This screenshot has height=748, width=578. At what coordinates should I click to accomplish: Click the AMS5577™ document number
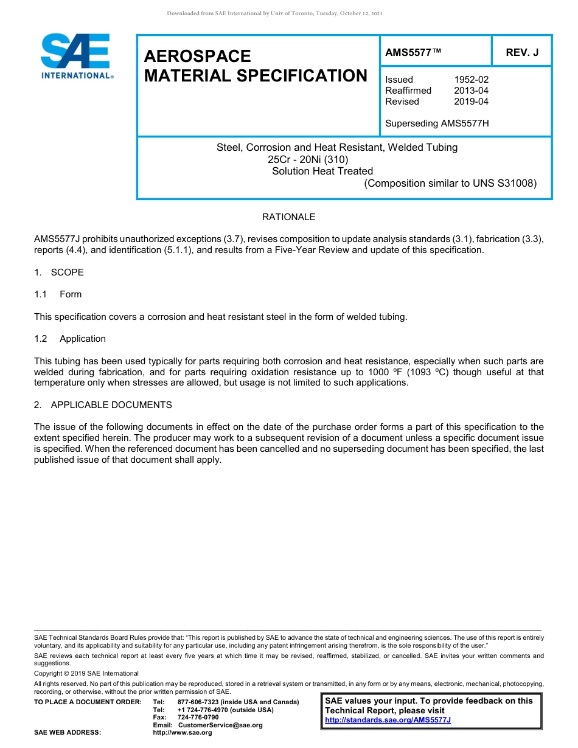(413, 52)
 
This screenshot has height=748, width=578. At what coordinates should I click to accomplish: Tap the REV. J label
(522, 52)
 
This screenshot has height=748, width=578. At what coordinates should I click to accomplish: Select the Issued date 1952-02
(471, 80)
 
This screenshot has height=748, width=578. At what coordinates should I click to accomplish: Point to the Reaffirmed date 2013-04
(471, 91)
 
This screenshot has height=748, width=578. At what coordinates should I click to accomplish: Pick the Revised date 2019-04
(471, 102)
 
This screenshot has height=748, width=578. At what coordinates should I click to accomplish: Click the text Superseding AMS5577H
(437, 123)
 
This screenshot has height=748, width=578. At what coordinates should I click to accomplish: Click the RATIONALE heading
(288, 217)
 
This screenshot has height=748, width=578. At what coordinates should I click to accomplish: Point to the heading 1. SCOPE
(59, 272)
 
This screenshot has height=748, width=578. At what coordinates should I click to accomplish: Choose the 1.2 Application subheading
(70, 339)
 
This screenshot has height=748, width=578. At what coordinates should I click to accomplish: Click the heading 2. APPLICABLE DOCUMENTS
(103, 405)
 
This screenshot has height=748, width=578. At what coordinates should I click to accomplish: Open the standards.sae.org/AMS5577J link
(388, 720)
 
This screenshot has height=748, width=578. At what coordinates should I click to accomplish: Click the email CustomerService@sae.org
(220, 725)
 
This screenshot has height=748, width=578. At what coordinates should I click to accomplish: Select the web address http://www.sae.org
(183, 733)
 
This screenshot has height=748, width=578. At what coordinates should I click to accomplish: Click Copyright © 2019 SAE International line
(86, 673)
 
